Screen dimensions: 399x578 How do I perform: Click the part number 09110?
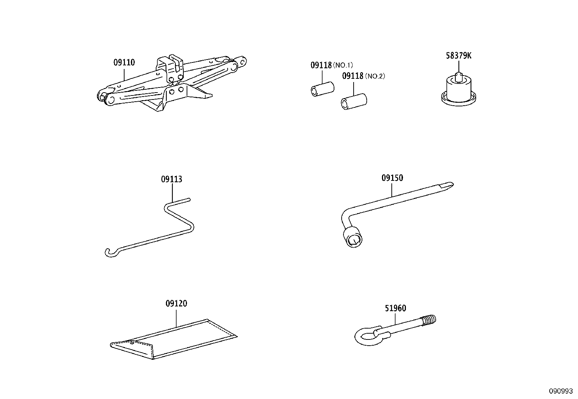point(124,62)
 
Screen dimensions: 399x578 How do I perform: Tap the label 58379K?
point(459,56)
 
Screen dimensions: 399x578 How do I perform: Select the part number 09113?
point(171,179)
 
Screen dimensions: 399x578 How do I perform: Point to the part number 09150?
point(392,178)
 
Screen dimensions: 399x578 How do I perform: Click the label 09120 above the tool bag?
point(176,303)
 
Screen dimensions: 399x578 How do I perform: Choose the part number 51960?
point(395,308)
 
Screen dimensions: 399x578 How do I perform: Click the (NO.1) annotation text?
point(343,65)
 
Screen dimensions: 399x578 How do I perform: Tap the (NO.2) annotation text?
point(375,76)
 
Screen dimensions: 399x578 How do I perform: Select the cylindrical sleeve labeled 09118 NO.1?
point(322,90)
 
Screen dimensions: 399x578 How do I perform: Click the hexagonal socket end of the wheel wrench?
point(353,239)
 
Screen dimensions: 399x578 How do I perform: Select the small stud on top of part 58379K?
point(459,76)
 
